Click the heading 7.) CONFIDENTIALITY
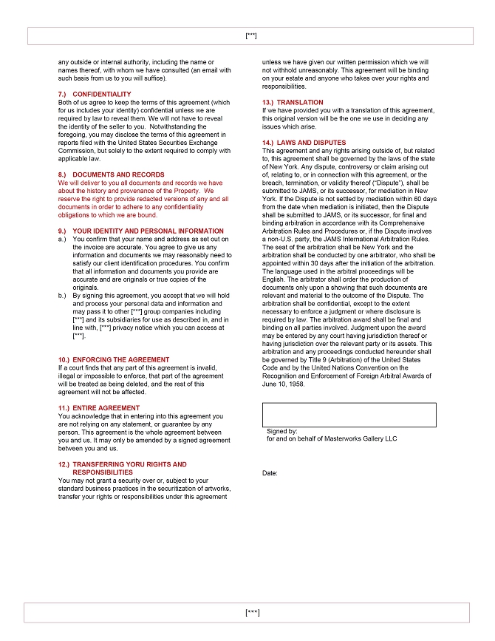[95, 94]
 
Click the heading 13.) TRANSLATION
[293, 102]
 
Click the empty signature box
[349, 415]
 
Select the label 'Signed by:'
[282, 430]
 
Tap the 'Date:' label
[270, 473]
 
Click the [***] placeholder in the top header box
[250, 35]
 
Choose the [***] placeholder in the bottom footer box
[252, 612]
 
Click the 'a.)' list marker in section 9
[62, 239]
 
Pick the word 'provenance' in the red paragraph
[140, 191]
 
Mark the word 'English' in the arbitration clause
[273, 279]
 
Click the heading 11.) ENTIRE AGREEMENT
[100, 408]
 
